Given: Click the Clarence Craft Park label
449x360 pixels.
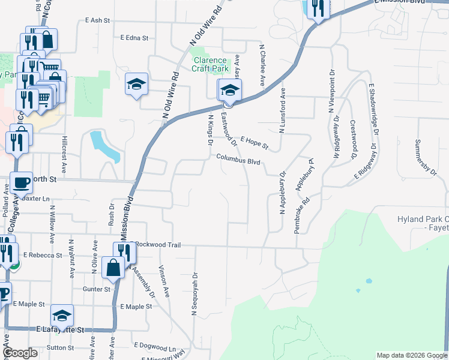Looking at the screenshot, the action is [x=210, y=64].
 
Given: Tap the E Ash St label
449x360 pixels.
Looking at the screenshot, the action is [x=98, y=20].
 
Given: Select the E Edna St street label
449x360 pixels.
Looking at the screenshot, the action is [x=134, y=38].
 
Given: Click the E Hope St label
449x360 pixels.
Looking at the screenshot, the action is [x=254, y=143].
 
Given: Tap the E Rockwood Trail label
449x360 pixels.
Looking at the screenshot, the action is [x=155, y=245].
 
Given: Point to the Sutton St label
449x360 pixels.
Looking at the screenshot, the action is [x=60, y=347].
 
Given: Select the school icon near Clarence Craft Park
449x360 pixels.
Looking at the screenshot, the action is [x=229, y=91].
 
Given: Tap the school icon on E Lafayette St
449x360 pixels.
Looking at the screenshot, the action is [x=62, y=316].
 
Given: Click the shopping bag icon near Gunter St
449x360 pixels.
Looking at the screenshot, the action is [x=113, y=268].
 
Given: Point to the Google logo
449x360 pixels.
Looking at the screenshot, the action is [x=20, y=353].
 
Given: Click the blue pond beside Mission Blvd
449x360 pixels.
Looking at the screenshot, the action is [x=104, y=146].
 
